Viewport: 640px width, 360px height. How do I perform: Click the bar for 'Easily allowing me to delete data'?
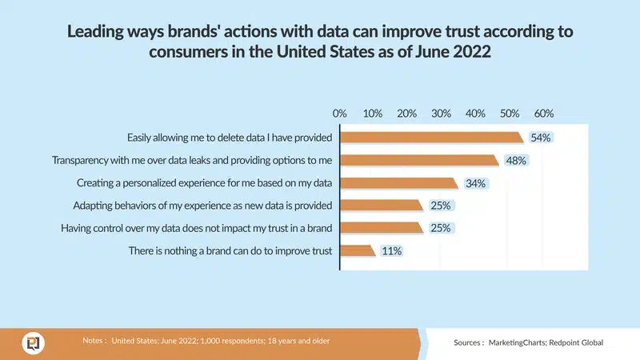(x=431, y=137)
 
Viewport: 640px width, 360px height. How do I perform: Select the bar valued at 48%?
(x=420, y=160)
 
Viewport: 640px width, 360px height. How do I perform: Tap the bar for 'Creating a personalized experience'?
(x=398, y=183)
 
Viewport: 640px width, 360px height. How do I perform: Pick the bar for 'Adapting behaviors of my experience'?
(x=381, y=206)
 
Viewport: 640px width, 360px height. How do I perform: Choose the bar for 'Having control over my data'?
(x=381, y=229)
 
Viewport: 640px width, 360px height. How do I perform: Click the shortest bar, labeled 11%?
(x=357, y=251)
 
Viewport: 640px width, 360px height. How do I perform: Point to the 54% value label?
(x=541, y=138)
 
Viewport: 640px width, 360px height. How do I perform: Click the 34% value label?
(x=475, y=183)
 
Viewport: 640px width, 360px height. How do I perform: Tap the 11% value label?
(x=391, y=251)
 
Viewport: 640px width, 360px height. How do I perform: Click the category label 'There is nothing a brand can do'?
(x=230, y=251)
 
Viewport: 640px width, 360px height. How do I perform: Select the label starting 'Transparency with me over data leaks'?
(x=192, y=160)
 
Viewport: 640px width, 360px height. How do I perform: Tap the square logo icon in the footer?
(x=34, y=342)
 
